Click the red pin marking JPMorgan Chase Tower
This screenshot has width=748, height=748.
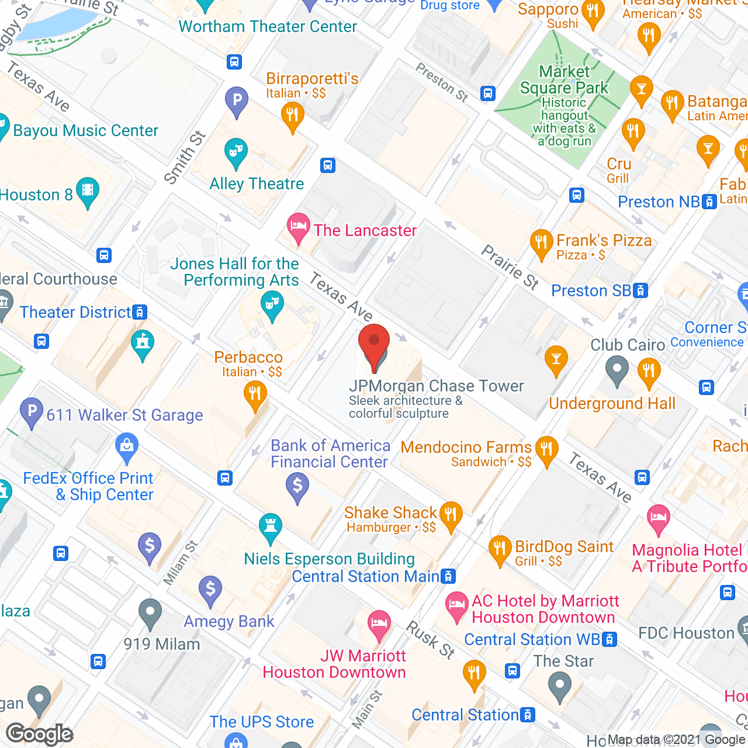(373, 344)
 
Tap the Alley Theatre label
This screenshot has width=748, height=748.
(257, 184)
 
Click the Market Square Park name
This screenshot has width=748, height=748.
(565, 80)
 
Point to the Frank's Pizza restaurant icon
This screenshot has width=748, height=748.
(541, 243)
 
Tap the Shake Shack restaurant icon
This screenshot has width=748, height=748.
(450, 515)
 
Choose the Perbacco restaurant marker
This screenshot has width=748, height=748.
(255, 393)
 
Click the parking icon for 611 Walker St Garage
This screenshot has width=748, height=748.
(32, 411)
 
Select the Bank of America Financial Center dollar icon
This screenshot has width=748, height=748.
(297, 486)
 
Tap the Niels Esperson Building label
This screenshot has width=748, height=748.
(329, 559)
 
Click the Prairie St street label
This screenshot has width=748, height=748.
(510, 267)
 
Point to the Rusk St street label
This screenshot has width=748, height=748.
(431, 639)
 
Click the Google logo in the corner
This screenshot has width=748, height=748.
(40, 734)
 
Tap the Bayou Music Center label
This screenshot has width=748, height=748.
(85, 131)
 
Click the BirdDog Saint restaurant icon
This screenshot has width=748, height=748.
(500, 549)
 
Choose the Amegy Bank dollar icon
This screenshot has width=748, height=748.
(210, 589)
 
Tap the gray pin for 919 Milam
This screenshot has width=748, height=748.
(150, 613)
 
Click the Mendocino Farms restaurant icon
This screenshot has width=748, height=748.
(546, 450)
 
